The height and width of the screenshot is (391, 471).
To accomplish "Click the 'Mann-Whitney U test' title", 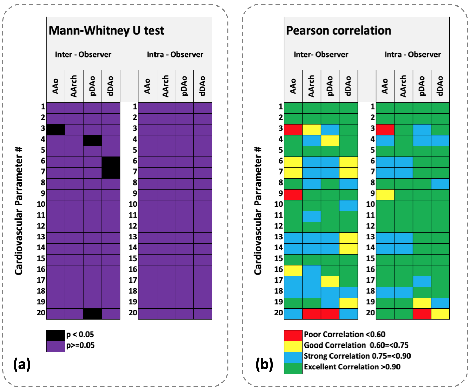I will click(106, 30).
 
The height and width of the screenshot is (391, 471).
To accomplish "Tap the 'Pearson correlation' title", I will click(338, 30).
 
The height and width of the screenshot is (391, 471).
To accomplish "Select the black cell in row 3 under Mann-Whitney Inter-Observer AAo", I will click(56, 130).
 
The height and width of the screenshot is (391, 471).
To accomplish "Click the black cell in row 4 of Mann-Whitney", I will click(93, 141).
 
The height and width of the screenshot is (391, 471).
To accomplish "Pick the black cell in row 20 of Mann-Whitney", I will click(93, 314).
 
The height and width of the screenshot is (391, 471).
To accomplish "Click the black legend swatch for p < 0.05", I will click(56, 336).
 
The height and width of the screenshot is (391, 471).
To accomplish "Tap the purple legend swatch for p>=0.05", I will click(56, 346).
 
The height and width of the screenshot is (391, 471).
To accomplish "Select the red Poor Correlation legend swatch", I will click(293, 336).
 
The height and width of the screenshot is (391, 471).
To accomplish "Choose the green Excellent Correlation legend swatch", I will click(293, 368).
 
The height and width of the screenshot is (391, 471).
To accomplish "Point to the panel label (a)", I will click(22, 364).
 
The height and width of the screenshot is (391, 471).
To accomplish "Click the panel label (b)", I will click(264, 364).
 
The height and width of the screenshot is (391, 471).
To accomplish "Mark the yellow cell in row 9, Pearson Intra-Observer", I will click(385, 195).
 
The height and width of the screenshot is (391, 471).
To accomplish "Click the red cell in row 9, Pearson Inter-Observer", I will click(293, 195).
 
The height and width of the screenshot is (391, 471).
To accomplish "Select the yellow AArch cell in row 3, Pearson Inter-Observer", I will click(312, 130).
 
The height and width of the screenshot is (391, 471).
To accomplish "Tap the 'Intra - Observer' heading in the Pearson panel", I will click(413, 54).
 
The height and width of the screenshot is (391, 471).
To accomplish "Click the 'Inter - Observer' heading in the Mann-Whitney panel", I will click(83, 54).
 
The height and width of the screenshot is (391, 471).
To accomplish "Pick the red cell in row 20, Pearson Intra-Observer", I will click(422, 314).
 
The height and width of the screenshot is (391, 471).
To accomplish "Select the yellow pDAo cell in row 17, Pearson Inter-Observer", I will click(330, 281).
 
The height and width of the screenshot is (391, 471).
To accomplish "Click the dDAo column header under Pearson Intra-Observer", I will click(440, 86).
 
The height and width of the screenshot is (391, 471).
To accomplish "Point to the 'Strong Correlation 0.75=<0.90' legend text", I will click(357, 356).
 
